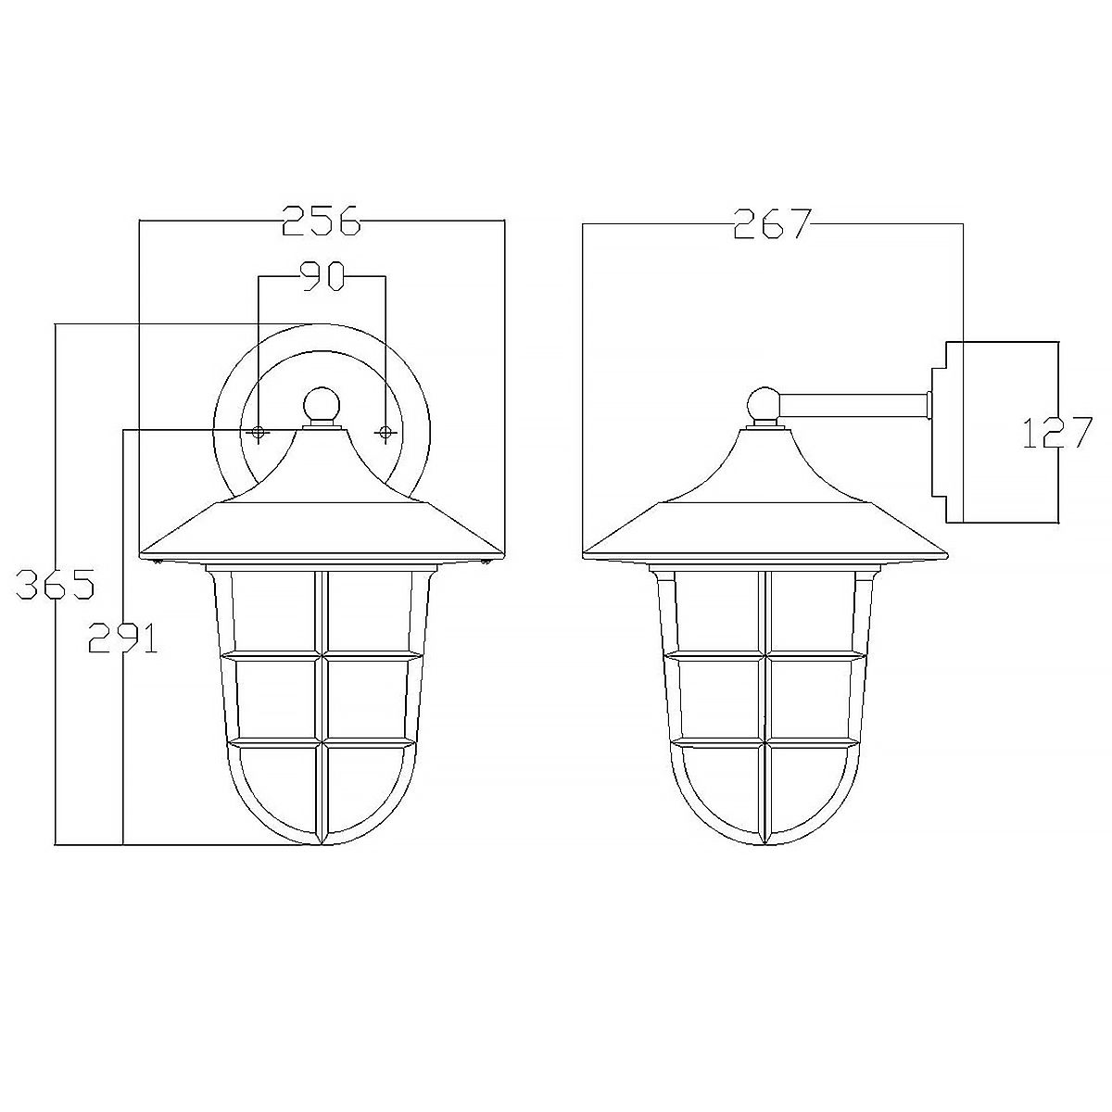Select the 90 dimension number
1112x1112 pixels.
coord(322,275)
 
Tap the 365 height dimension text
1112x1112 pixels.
coord(55,586)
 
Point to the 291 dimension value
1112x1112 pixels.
coord(122,638)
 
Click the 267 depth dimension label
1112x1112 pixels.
coord(772,223)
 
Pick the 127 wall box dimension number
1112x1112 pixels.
coord(1057,433)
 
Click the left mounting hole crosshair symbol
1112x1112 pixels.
coord(259,433)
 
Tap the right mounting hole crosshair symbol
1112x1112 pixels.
coord(385,433)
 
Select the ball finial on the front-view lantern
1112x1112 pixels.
coord(322,404)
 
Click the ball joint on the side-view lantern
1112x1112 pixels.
coord(764,404)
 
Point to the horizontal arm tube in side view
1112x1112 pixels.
coord(853,405)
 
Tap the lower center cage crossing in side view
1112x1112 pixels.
coord(764,743)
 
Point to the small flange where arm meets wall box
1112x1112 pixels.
coord(928,405)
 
